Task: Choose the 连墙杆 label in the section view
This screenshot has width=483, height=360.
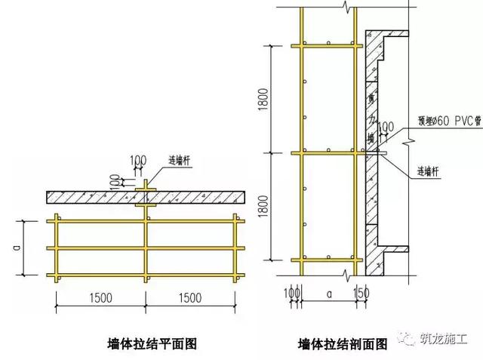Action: point(429,170)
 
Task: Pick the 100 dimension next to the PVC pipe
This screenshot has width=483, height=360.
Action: point(385,126)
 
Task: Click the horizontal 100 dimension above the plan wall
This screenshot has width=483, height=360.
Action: point(138,159)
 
